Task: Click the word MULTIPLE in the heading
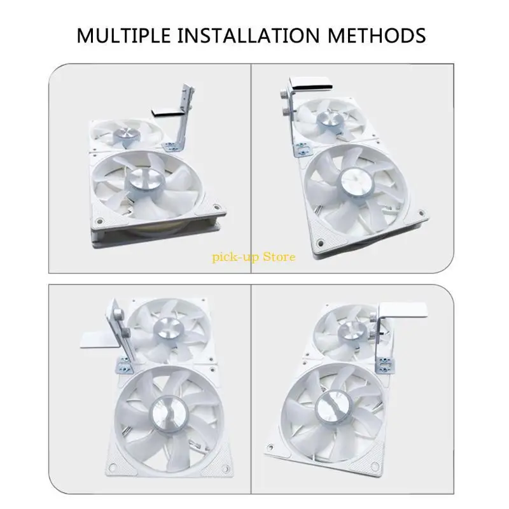[x=123, y=36]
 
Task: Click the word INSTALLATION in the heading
[x=249, y=36]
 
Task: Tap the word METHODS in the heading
[x=377, y=36]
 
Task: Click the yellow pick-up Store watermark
[x=253, y=257]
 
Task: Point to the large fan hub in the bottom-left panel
[x=169, y=414]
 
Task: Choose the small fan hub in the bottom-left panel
[x=168, y=328]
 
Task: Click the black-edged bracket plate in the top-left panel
[x=169, y=113]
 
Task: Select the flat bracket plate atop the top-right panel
[x=312, y=83]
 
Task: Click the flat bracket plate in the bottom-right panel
[x=403, y=310]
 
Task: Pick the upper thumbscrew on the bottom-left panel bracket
[x=118, y=314]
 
